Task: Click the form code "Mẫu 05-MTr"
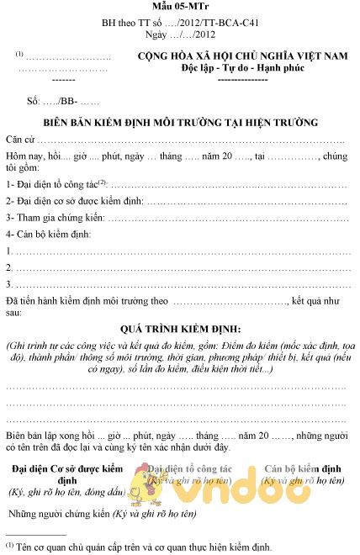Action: click(x=179, y=9)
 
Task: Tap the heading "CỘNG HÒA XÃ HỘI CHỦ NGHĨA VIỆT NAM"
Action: click(x=242, y=56)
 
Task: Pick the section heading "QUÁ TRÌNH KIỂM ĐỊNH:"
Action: click(x=180, y=328)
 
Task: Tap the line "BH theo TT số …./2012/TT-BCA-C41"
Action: click(x=179, y=25)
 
